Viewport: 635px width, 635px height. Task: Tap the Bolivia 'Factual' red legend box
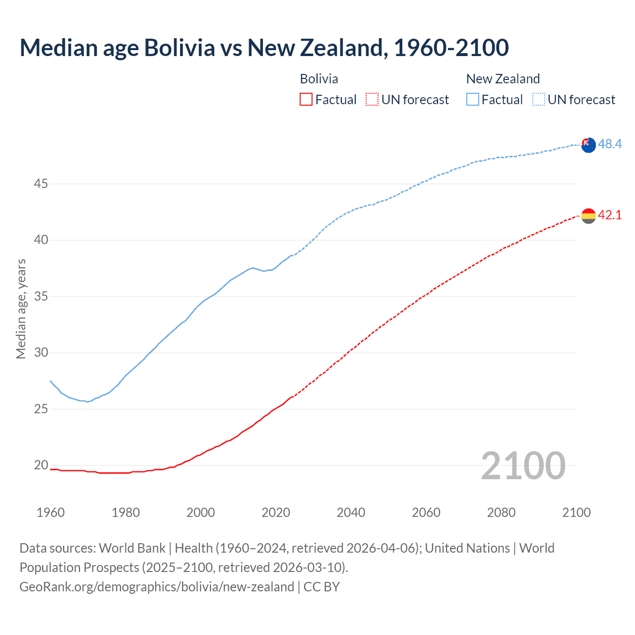click(x=306, y=100)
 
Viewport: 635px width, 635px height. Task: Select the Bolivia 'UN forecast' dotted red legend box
click(x=372, y=100)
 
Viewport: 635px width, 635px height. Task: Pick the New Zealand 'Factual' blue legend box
click(x=473, y=100)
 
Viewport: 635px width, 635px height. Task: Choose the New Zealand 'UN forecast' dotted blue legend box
click(x=539, y=100)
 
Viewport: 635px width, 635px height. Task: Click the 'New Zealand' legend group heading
click(x=503, y=79)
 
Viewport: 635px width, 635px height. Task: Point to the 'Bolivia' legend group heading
click(x=319, y=79)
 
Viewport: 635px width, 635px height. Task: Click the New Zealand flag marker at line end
click(x=588, y=145)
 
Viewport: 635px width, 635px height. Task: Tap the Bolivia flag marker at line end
click(x=588, y=216)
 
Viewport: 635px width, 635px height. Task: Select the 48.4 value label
click(x=610, y=144)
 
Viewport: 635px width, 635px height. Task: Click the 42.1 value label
click(x=610, y=215)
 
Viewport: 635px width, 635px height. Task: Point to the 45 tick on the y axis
click(x=41, y=184)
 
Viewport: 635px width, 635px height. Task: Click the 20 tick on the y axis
click(x=41, y=465)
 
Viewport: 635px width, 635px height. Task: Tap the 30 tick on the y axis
click(x=41, y=353)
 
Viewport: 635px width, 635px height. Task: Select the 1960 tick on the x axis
click(x=51, y=512)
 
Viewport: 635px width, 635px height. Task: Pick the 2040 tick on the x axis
click(x=351, y=512)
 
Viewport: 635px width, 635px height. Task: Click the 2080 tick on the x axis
click(x=501, y=512)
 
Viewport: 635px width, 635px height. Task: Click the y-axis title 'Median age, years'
click(x=21, y=309)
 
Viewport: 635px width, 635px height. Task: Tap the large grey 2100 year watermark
click(x=523, y=465)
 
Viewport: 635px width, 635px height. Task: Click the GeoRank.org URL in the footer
click(x=157, y=587)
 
